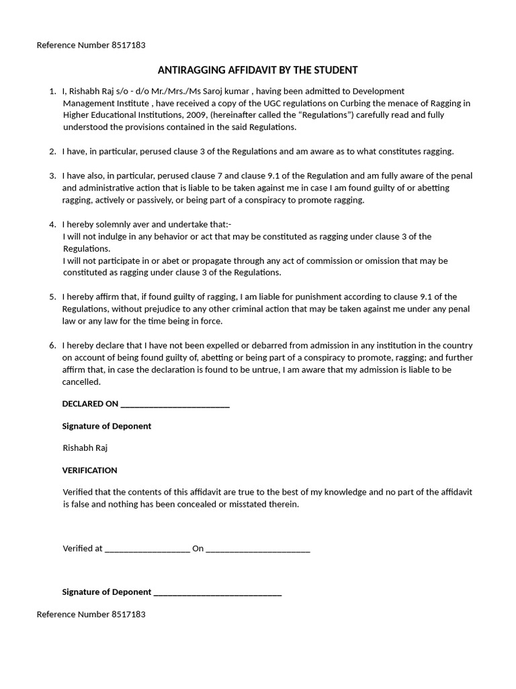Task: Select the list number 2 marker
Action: coord(52,151)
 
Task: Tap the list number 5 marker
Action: coord(52,297)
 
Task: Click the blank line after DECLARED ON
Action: coord(175,404)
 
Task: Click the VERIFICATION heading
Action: coord(89,470)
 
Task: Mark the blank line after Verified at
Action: coord(147,548)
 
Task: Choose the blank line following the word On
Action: coord(258,548)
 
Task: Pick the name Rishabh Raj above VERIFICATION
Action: coord(85,447)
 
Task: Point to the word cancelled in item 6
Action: coord(81,382)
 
